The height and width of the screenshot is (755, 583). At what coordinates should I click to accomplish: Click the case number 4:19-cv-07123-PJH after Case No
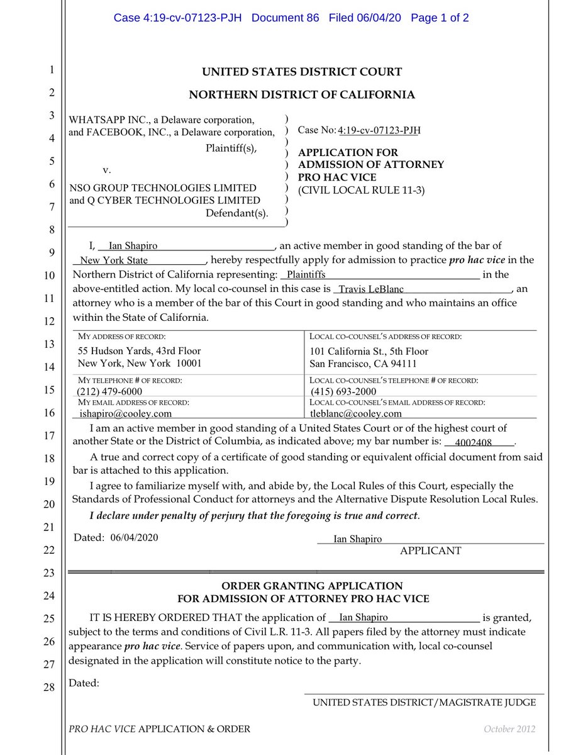click(x=379, y=130)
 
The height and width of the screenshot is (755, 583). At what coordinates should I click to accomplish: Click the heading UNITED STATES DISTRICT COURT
click(x=302, y=72)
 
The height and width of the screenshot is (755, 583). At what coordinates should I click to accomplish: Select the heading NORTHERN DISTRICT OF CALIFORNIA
click(x=302, y=95)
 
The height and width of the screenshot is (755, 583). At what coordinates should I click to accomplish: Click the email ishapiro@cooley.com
click(x=126, y=413)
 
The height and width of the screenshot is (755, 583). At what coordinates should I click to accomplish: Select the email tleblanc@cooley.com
click(x=356, y=413)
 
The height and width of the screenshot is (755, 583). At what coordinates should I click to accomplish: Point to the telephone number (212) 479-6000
click(x=109, y=391)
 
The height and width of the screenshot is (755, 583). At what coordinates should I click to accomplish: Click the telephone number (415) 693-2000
click(x=343, y=391)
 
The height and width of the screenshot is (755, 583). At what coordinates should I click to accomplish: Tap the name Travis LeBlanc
click(x=371, y=290)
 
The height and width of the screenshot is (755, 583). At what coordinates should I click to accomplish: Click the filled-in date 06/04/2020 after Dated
click(x=134, y=537)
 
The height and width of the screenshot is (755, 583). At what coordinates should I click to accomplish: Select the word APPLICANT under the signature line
click(x=430, y=551)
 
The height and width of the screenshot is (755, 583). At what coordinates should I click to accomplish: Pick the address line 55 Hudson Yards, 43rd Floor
click(x=139, y=350)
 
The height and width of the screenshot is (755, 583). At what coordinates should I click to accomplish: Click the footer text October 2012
click(x=509, y=729)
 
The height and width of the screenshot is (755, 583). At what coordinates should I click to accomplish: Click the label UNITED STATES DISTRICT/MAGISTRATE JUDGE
click(x=425, y=702)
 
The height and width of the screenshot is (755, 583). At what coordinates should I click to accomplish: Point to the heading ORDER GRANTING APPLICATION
click(x=303, y=586)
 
